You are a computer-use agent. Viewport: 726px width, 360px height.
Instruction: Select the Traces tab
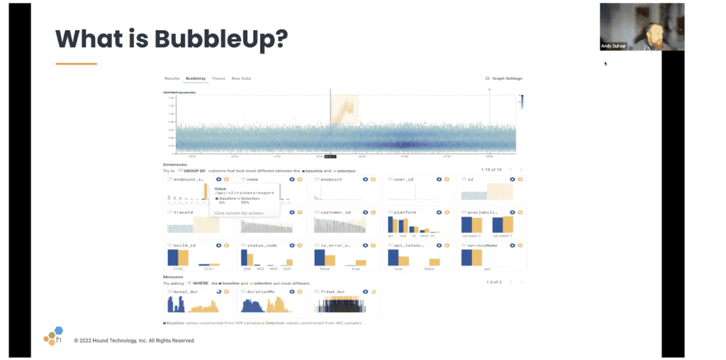(218, 78)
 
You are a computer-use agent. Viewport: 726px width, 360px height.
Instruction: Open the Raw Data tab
(241, 78)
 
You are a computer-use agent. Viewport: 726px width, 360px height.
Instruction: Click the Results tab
(172, 78)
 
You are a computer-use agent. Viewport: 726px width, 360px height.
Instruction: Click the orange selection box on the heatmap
(344, 111)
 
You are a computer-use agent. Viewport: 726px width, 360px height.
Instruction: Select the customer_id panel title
(335, 212)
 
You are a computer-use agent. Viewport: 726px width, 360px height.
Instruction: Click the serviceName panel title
(481, 245)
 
